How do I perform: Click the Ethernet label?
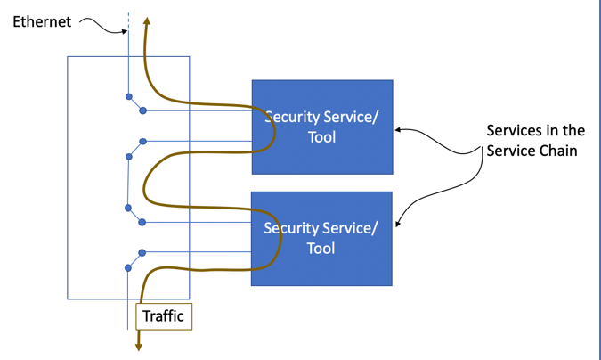point(42,21)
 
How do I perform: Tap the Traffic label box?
point(163,316)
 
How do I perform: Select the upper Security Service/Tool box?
point(322,127)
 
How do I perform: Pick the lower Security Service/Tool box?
point(321,238)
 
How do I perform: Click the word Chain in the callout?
point(556,151)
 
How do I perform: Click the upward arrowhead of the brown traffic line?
point(147,20)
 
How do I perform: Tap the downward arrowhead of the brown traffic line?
point(139,346)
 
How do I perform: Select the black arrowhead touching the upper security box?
point(398,130)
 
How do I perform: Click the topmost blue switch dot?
point(129,96)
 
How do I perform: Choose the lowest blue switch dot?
point(128,267)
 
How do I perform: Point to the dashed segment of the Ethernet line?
point(128,22)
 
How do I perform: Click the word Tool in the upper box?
point(322,137)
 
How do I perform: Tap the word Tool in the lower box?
point(321,249)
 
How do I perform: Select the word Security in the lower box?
point(293,228)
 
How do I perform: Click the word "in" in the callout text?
point(553,131)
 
